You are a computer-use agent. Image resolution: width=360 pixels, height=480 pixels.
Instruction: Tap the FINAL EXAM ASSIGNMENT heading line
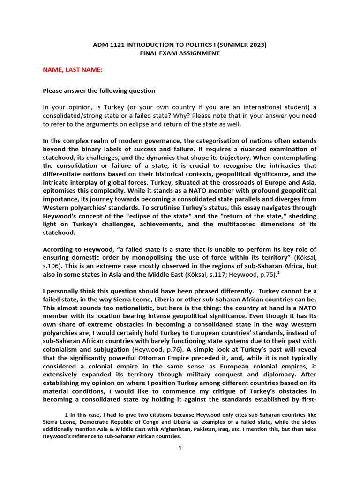(180, 53)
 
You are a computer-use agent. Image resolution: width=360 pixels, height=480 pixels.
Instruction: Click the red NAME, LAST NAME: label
(73, 70)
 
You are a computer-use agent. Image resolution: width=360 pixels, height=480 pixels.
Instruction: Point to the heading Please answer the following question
(99, 90)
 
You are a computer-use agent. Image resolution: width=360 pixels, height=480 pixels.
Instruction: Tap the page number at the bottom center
(180, 448)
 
